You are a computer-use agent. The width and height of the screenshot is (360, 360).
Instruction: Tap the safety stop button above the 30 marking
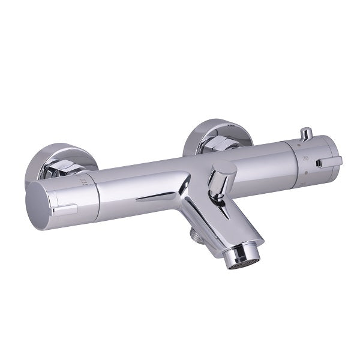click(306, 133)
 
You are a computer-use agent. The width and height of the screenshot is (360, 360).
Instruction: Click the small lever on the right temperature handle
click(329, 162)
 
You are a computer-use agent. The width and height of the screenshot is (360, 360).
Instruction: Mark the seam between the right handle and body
click(294, 165)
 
